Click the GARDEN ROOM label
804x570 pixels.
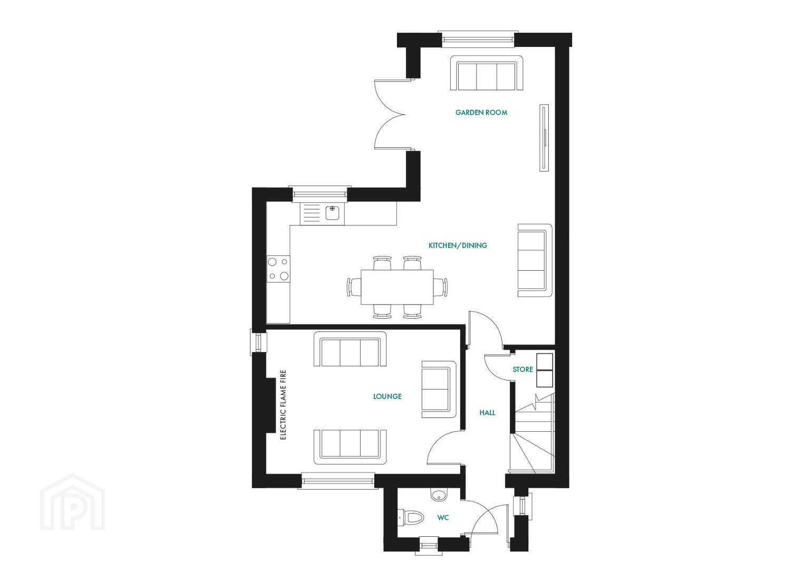point(481,112)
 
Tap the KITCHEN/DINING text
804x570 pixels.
point(458,245)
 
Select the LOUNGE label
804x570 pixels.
point(388,396)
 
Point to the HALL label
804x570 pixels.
point(487,413)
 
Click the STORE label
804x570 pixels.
point(522,369)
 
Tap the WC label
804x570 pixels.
point(443,518)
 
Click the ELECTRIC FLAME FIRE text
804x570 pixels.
point(283,405)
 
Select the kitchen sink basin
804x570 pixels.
point(333,213)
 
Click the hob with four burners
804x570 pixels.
point(278,269)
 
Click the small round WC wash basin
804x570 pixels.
point(439,496)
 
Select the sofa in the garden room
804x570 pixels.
point(486,73)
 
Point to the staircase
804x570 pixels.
point(532,433)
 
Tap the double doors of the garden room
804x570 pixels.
point(393,115)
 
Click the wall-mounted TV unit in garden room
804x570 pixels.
point(544,138)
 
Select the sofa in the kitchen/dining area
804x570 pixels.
point(535,260)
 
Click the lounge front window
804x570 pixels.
point(338,481)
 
